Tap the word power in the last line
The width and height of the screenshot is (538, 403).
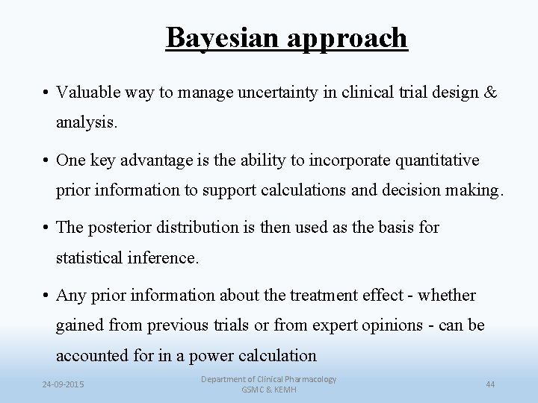point(206,355)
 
